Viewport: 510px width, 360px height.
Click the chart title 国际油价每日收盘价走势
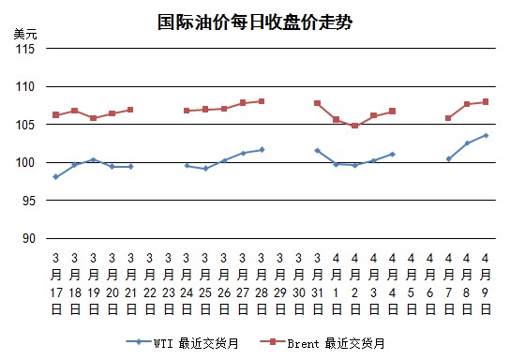click(255, 22)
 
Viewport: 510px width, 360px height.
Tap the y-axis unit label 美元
click(25, 34)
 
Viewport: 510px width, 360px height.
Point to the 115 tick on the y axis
click(25, 49)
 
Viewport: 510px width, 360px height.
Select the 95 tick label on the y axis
click(29, 201)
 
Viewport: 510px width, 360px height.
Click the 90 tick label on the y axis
click(29, 239)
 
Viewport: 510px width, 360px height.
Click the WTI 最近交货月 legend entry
click(183, 343)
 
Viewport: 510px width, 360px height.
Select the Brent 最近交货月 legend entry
click(322, 343)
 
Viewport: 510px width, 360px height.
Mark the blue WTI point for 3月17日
click(56, 177)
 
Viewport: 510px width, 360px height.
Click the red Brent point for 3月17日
click(56, 114)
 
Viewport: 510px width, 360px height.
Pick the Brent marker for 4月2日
click(355, 126)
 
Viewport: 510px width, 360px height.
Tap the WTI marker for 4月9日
click(487, 135)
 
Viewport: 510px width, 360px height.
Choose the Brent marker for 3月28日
click(262, 101)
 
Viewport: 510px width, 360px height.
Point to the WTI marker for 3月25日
click(205, 169)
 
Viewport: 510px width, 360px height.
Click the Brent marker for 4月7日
click(448, 118)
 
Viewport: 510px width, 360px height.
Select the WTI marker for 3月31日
click(318, 151)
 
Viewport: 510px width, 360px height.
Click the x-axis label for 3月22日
click(150, 283)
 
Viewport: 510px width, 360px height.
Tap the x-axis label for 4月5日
click(412, 283)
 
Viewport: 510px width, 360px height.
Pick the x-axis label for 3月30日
click(299, 283)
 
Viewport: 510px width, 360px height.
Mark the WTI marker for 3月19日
click(94, 160)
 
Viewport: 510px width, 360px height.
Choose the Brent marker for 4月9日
click(486, 102)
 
